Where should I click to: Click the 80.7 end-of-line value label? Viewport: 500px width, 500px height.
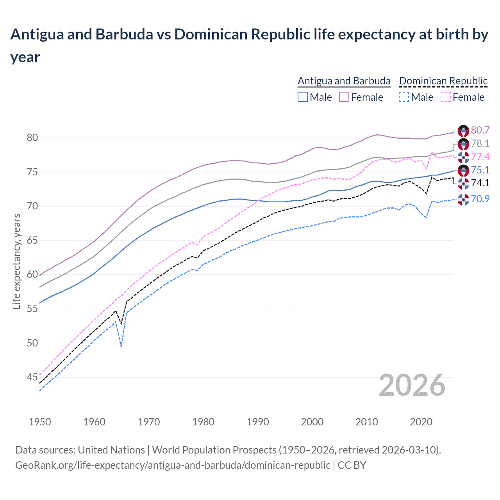(480, 130)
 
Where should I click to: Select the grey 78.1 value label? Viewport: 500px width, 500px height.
(480, 143)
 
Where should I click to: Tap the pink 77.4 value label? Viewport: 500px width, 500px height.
(480, 157)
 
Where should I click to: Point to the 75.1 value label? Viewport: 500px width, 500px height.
(480, 170)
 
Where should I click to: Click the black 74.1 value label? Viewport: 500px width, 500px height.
(480, 183)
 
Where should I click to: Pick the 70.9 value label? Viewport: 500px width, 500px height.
(480, 199)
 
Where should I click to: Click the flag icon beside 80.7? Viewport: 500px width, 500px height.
(463, 131)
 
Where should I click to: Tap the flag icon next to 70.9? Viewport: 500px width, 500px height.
(463, 199)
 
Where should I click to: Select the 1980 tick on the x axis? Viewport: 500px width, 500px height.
(203, 422)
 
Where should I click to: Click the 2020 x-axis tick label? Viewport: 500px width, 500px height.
(421, 422)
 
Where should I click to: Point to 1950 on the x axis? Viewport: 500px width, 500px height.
(40, 422)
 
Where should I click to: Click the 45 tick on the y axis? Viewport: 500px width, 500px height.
(32, 377)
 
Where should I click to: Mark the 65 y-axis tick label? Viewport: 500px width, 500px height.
(32, 240)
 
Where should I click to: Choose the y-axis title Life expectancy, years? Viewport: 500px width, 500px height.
(16, 262)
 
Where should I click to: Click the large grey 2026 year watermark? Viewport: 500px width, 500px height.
(412, 385)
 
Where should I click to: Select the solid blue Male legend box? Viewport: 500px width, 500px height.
(303, 97)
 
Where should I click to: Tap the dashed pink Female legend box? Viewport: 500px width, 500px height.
(446, 97)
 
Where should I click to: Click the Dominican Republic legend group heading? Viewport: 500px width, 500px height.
(443, 81)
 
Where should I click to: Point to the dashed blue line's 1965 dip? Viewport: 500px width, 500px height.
(121, 346)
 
